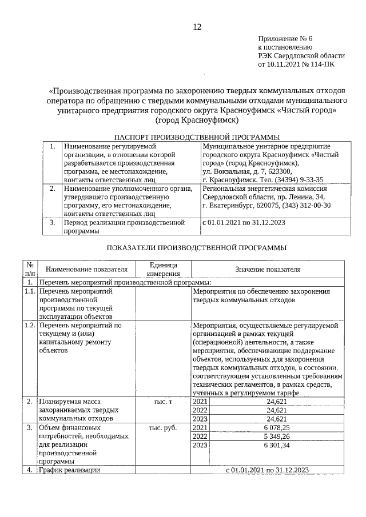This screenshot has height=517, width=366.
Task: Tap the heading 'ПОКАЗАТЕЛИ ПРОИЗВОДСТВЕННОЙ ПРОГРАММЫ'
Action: click(x=197, y=247)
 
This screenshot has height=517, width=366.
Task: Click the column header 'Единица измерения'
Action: click(x=163, y=269)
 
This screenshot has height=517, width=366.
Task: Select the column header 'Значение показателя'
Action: click(x=267, y=269)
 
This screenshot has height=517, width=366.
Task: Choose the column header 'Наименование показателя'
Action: click(x=86, y=269)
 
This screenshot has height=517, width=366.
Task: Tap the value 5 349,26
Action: click(x=277, y=436)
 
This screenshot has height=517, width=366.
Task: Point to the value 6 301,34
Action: click(x=277, y=445)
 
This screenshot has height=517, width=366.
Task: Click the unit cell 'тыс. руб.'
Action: click(x=163, y=427)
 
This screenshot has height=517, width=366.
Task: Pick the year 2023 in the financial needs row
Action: click(x=201, y=445)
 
